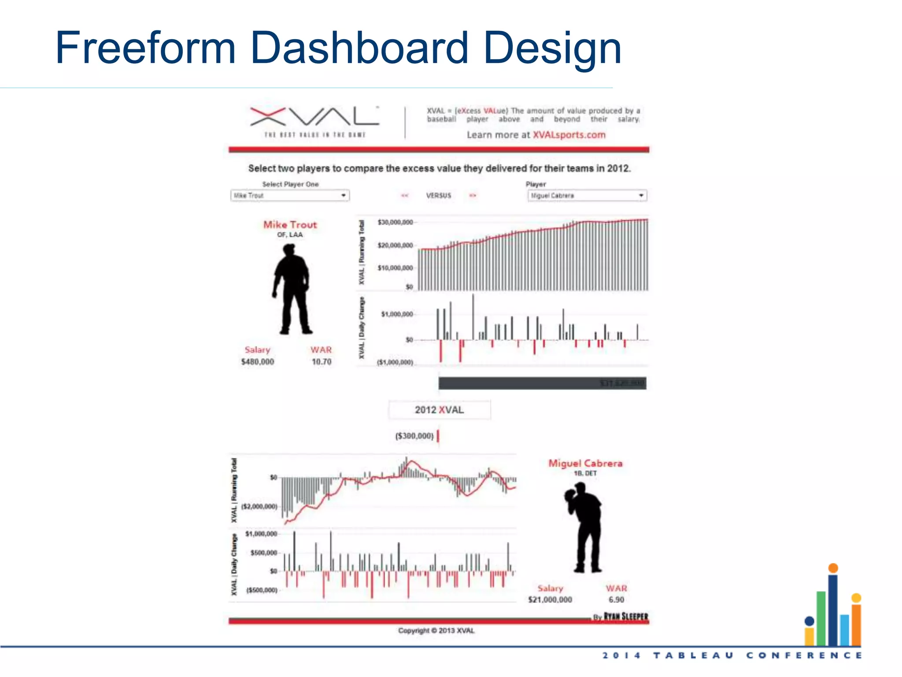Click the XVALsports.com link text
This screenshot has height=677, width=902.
[x=569, y=135]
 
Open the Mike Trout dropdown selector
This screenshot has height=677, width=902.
[x=290, y=195]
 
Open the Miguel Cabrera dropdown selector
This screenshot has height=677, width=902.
[x=587, y=195]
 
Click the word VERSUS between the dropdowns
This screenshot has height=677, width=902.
[x=439, y=195]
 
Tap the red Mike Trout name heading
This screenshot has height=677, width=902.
[x=290, y=225]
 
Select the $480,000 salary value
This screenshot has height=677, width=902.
[x=258, y=362]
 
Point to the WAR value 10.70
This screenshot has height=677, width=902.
[x=322, y=362]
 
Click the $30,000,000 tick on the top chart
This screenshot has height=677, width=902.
[x=396, y=222]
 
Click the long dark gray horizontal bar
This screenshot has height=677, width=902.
[x=542, y=383]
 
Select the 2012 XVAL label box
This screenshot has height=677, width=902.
[x=439, y=410]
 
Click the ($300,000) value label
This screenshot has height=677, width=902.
[x=414, y=436]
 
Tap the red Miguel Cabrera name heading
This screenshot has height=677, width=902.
[x=585, y=463]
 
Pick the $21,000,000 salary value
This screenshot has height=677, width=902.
[x=550, y=600]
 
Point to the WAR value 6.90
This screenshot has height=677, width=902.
[x=616, y=600]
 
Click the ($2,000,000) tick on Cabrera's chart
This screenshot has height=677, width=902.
[x=259, y=506]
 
